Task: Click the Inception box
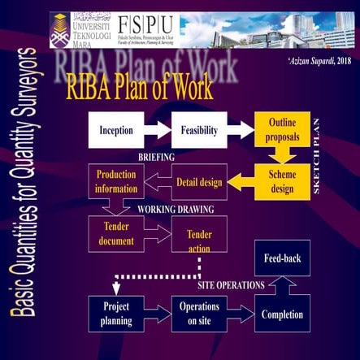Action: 116,130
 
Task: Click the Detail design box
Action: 198,182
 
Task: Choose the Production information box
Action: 115,181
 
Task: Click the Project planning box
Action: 116,314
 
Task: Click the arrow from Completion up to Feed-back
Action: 282,284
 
